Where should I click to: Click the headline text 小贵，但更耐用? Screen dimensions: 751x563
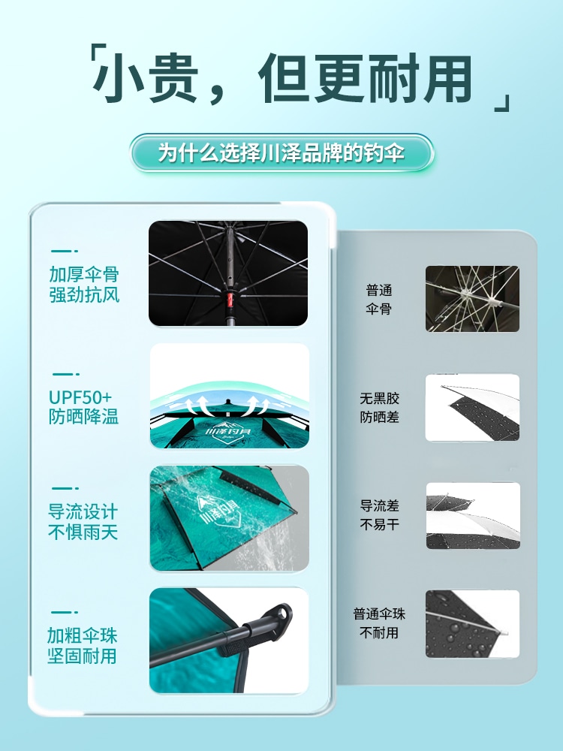(281, 79)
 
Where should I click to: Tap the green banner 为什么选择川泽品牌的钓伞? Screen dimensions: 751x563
(281, 153)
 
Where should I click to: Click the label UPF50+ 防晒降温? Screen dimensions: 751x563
(84, 406)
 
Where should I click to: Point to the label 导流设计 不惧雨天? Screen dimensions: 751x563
(83, 522)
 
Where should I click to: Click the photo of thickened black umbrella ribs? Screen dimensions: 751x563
(228, 273)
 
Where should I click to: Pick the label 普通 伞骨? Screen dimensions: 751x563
(379, 300)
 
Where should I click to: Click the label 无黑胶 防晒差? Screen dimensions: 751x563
(379, 407)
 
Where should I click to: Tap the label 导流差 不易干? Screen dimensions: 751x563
(379, 515)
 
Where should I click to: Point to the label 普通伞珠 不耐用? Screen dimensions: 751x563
(379, 623)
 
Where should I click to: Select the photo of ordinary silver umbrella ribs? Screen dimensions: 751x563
(472, 299)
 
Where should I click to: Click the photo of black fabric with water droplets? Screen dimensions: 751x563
(472, 623)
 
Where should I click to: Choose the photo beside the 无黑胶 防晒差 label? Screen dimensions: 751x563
(472, 407)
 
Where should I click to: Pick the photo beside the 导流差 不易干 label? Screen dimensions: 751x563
(472, 515)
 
